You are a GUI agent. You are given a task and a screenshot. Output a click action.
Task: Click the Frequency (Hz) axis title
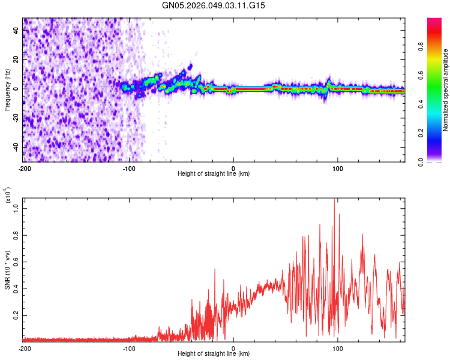point(7,89)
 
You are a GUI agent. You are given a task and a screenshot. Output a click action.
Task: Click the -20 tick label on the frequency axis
point(15,118)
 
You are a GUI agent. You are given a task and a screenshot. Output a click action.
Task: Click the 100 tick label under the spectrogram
point(338,167)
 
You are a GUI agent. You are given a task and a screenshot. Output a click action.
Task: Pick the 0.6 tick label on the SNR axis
point(16,262)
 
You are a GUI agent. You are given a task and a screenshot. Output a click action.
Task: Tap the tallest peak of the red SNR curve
point(334,199)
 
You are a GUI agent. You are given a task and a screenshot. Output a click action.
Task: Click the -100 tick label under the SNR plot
point(129,348)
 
